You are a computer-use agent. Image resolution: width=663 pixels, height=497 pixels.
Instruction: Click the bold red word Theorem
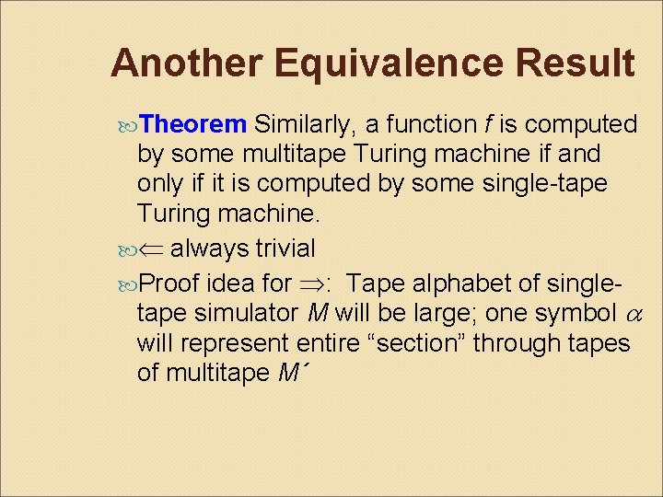(x=194, y=124)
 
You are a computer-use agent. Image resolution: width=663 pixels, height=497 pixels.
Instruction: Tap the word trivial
(x=280, y=248)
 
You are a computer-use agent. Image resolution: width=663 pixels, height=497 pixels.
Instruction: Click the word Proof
(x=170, y=282)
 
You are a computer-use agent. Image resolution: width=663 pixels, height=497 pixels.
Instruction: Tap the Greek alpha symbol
(x=630, y=314)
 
